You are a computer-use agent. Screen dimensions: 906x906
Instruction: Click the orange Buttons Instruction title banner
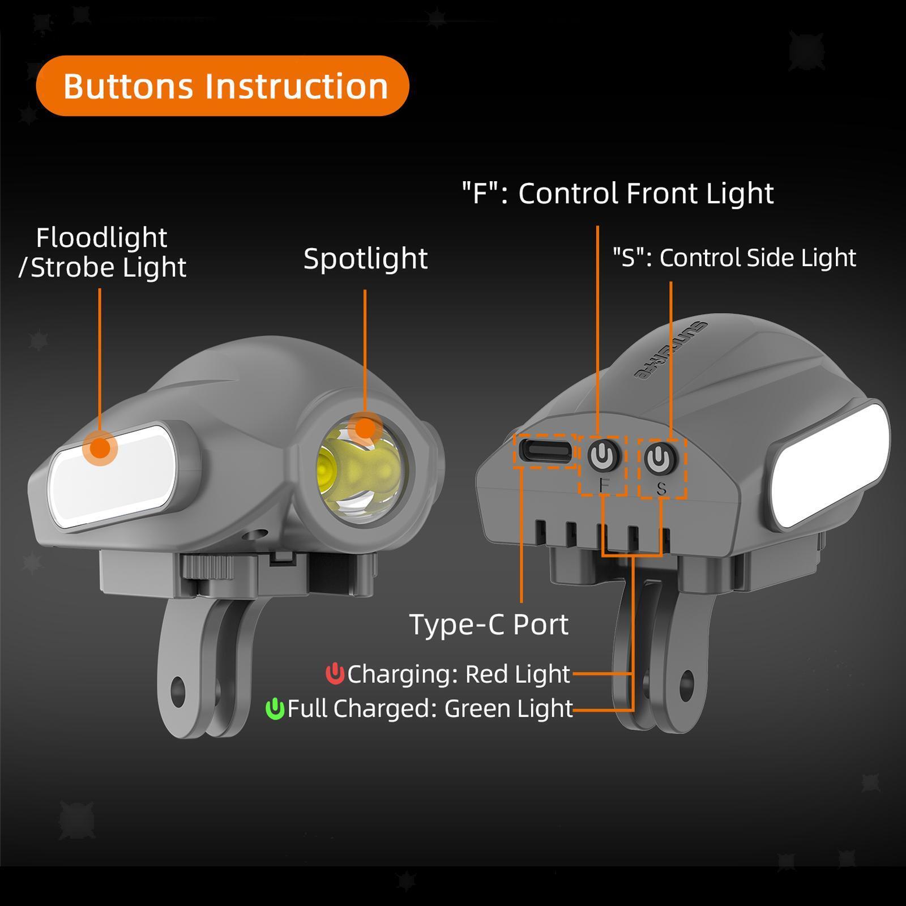click(222, 86)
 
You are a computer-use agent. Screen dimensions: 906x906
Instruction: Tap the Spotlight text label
click(365, 259)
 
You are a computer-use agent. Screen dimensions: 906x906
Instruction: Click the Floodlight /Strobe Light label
click(102, 253)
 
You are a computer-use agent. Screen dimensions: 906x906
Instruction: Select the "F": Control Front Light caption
click(617, 194)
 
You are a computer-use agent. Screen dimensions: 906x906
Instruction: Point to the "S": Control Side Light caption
click(734, 258)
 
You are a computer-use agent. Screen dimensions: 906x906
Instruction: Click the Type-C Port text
click(489, 625)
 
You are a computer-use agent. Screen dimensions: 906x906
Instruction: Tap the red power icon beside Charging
click(335, 674)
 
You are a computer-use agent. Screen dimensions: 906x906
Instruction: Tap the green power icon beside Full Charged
click(275, 708)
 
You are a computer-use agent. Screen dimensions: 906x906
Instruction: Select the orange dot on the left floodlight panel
click(100, 448)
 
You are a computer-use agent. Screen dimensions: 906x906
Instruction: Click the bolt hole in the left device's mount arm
click(177, 689)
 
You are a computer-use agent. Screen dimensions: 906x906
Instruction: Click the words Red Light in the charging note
click(517, 674)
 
